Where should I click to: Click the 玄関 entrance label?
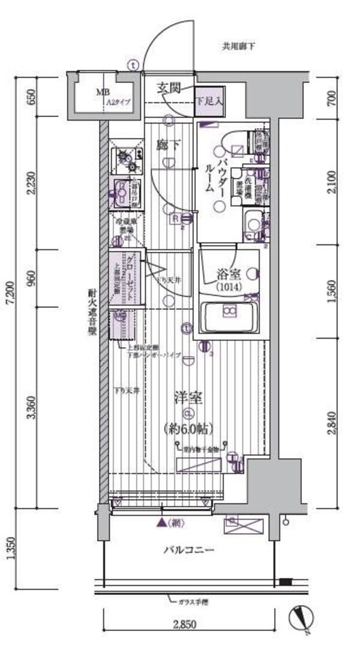coord(169,88)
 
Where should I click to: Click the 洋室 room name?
coord(188,397)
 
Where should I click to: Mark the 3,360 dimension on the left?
coord(31,407)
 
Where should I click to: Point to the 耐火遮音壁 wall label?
coord(92,312)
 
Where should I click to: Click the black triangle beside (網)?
coord(161,523)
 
